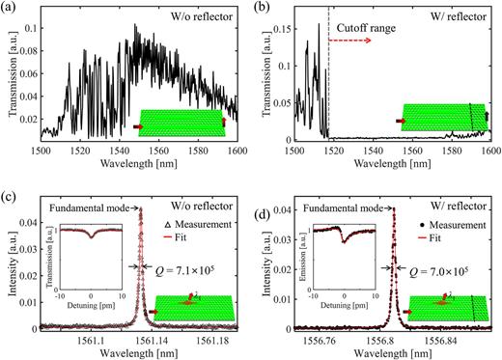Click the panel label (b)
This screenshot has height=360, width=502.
point(263,7)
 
